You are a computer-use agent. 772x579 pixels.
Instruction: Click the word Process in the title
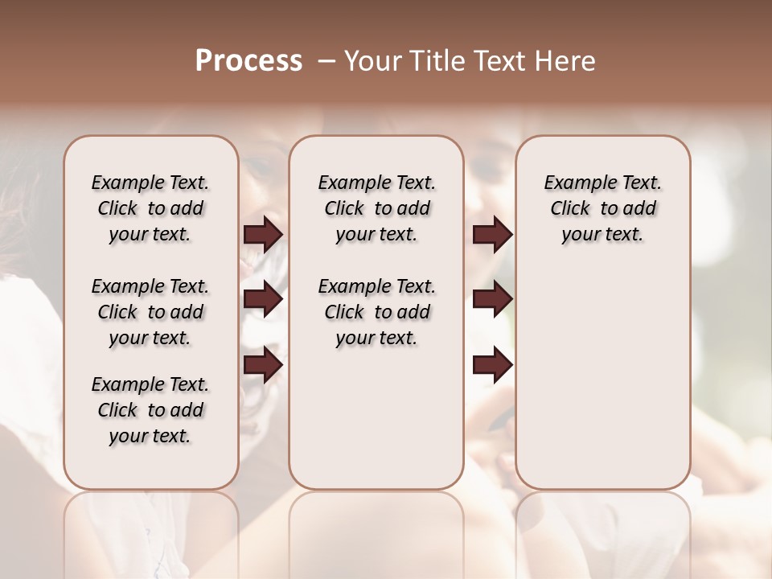(x=248, y=60)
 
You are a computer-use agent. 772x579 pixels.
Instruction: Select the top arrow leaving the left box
(x=263, y=235)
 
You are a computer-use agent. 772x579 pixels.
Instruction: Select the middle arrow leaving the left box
(x=263, y=300)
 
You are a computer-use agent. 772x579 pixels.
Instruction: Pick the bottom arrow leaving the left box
(x=263, y=365)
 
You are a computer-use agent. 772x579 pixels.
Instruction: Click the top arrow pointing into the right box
(x=492, y=235)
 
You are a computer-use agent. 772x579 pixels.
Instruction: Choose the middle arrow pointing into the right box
(x=492, y=300)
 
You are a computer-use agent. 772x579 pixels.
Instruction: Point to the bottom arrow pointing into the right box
(x=492, y=365)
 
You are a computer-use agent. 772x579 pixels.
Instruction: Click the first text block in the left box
(x=150, y=208)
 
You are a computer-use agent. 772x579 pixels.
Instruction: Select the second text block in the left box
(x=150, y=312)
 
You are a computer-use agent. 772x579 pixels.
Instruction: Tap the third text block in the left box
(x=150, y=410)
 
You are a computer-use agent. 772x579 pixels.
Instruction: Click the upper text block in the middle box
(x=376, y=208)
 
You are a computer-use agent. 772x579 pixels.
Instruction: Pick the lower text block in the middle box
(x=376, y=312)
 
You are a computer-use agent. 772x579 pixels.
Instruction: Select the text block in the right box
(x=602, y=208)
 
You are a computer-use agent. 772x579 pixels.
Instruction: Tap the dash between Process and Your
(x=326, y=60)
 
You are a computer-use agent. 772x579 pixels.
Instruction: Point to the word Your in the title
(x=373, y=60)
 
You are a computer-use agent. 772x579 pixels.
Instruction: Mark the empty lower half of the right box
(x=602, y=386)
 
